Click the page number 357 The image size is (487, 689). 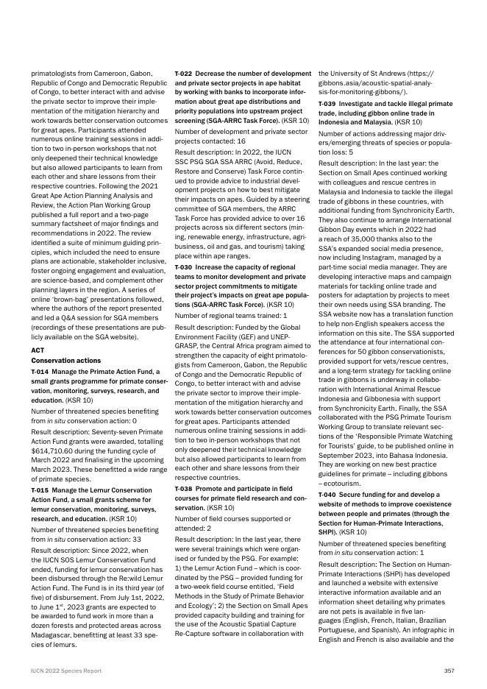(449, 671)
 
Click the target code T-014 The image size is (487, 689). (40, 372)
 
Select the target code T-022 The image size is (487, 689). (183, 74)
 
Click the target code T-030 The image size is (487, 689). (183, 277)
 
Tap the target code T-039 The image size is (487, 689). (327, 104)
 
